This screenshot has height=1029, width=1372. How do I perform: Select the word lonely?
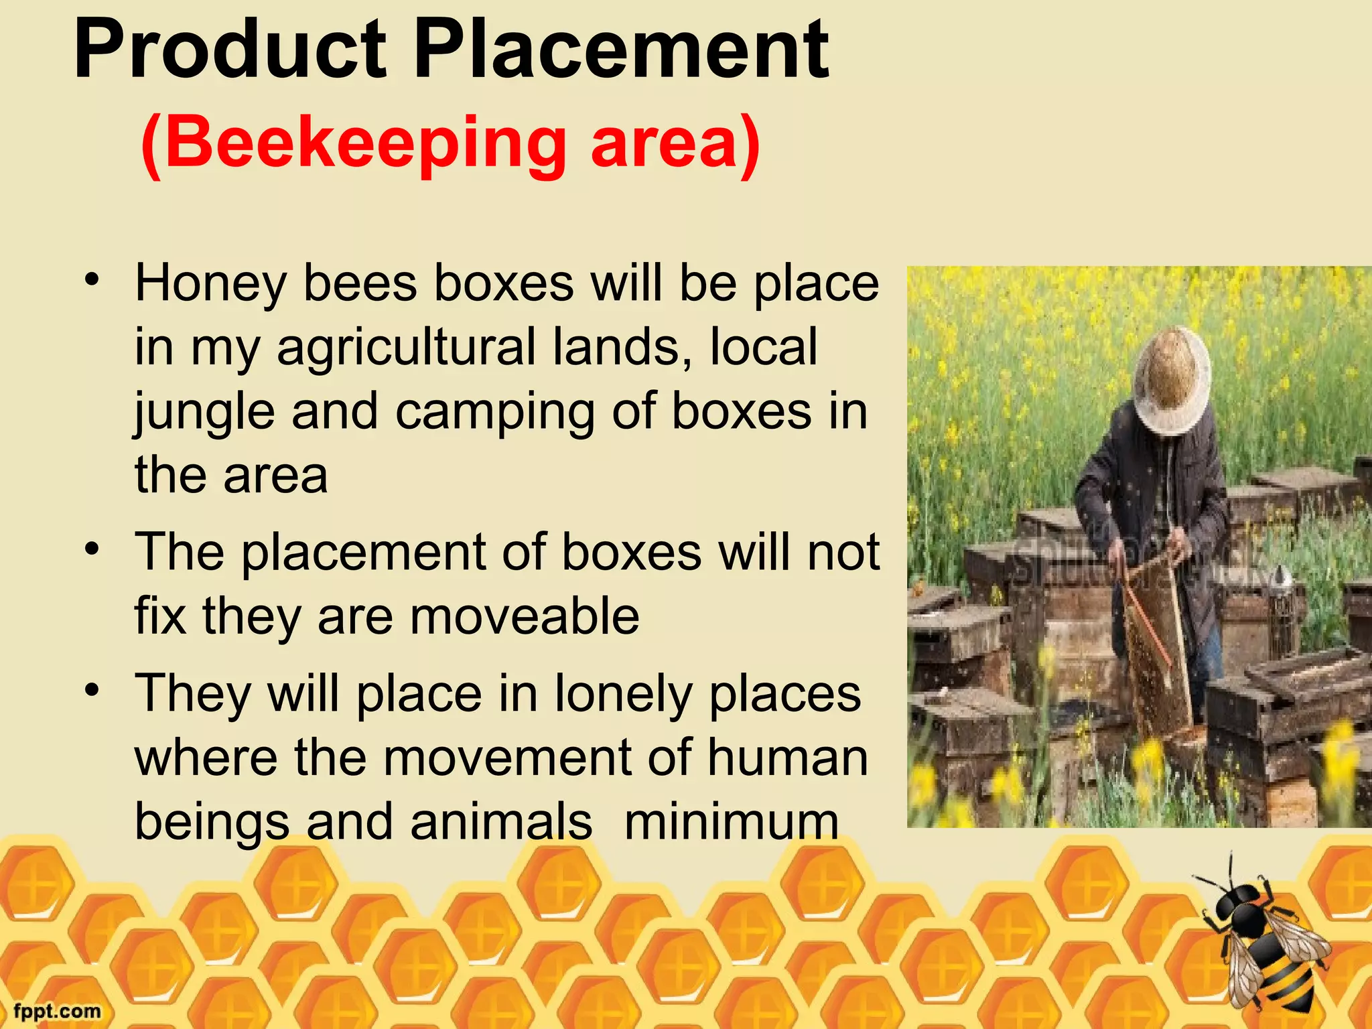tap(623, 695)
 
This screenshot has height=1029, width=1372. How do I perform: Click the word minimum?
tap(731, 822)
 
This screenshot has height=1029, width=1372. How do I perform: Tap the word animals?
tap(501, 822)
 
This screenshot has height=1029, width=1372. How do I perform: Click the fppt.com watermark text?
tap(58, 1011)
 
